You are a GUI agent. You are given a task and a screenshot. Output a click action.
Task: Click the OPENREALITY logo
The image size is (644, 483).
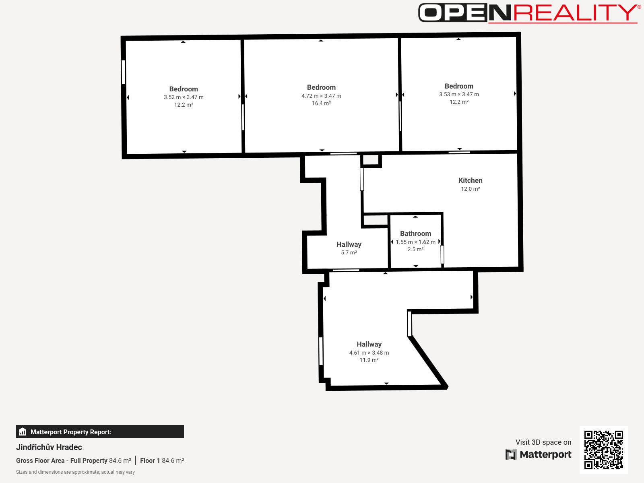pos(530,13)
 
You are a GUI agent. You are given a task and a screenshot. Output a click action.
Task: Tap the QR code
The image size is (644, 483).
pos(603,450)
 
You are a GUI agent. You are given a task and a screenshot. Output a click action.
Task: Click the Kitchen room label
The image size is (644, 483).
pos(470,180)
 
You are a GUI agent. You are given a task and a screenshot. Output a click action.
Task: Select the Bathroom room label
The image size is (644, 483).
pos(415,233)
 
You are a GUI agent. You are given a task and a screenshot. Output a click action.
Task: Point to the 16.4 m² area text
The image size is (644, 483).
pos(321,103)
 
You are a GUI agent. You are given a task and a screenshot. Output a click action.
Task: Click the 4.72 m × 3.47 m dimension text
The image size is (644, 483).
pos(321,96)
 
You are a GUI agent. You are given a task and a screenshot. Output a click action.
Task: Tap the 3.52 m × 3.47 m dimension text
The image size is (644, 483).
pos(184,97)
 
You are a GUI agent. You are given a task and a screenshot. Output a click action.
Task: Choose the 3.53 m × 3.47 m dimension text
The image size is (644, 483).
pos(459,94)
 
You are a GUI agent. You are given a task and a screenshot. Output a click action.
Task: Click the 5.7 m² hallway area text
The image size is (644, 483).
pos(349,252)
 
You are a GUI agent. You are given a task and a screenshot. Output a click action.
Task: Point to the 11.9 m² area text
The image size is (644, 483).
pos(369,360)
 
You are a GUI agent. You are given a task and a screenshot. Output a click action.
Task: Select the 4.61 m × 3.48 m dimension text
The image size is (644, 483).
pos(369,353)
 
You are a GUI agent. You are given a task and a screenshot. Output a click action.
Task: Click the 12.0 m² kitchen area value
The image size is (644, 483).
pos(470,189)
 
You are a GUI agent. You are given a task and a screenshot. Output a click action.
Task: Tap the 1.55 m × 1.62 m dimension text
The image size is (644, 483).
pos(415,242)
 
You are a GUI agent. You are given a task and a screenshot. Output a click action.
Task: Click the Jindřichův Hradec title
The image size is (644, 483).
pos(49,447)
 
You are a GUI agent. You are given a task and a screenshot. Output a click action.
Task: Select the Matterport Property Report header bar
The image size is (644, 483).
pos(100,431)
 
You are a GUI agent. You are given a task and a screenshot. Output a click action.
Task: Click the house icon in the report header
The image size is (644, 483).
pos(23,431)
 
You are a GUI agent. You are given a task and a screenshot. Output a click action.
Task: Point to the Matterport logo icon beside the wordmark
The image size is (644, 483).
pos(511,454)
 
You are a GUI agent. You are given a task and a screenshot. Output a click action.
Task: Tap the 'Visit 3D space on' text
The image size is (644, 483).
pos(543,442)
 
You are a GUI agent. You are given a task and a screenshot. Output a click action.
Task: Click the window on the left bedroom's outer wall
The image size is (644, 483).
pos(124,72)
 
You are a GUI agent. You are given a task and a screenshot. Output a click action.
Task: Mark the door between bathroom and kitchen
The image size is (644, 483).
pos(442,254)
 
